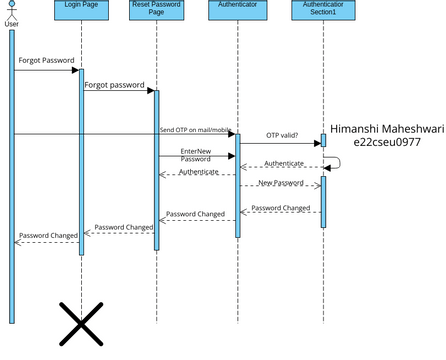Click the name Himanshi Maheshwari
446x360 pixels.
[386, 128]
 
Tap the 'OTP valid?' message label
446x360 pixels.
[282, 135]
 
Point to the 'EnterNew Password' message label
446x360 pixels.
[196, 155]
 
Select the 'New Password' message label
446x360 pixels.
[281, 183]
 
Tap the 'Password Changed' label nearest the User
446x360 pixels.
[48, 235]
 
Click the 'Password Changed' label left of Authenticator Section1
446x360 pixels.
[280, 208]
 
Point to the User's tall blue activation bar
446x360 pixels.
[12, 180]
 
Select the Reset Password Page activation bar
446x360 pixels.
[156, 170]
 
